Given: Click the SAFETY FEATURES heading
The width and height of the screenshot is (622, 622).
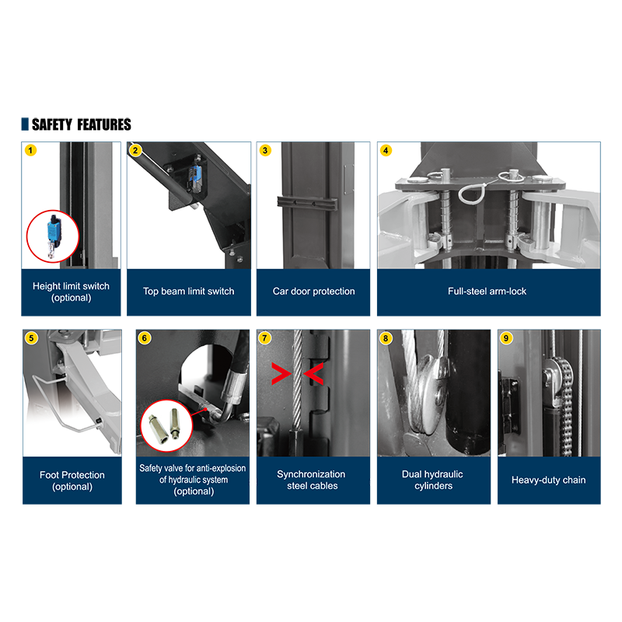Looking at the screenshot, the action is click(x=82, y=124).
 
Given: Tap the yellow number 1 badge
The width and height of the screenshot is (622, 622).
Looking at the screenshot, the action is click(x=30, y=150).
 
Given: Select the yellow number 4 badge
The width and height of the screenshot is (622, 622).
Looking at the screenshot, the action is click(x=386, y=150).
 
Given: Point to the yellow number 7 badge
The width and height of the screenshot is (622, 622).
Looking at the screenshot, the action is click(x=264, y=338).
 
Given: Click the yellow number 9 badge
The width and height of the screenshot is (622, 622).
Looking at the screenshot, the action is click(x=506, y=338).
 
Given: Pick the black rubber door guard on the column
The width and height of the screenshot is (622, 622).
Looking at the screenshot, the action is click(x=306, y=203).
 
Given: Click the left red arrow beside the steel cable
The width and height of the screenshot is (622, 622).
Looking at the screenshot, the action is click(x=281, y=374).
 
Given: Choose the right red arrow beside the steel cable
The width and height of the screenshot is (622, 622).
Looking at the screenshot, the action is click(x=314, y=374).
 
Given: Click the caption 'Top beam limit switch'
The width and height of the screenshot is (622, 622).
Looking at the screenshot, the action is click(x=188, y=291).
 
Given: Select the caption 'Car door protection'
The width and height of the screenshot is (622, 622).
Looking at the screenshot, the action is click(x=313, y=291).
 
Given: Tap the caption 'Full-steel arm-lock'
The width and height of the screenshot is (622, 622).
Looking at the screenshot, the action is click(x=487, y=291).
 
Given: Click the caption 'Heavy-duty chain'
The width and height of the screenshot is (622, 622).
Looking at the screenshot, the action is click(x=549, y=480).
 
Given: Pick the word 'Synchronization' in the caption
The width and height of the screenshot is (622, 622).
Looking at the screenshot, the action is click(x=311, y=474).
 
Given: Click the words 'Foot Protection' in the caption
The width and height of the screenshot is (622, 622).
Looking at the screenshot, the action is click(x=72, y=475).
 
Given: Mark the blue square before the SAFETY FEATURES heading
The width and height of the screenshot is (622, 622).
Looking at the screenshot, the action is click(x=25, y=124).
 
